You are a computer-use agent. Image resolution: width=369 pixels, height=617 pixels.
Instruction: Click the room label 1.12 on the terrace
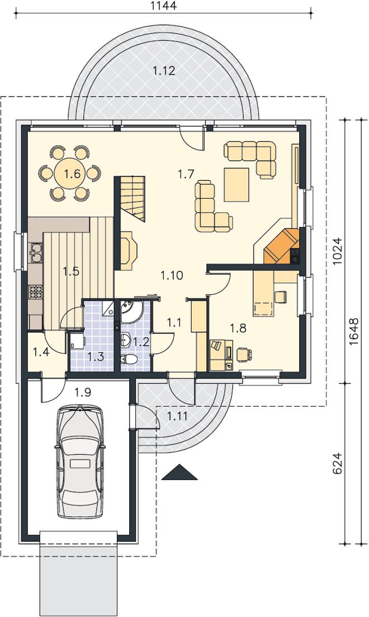pyautogui.click(x=164, y=71)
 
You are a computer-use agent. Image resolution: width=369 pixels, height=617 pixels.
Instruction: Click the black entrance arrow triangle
pyautogui.click(x=179, y=472)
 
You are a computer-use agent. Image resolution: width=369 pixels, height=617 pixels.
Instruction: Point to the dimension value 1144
pyautogui.click(x=163, y=6)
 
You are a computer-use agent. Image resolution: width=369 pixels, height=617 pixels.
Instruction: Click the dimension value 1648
pyautogui.click(x=355, y=331)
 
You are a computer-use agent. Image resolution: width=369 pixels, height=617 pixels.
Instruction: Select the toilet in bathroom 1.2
pyautogui.click(x=129, y=360)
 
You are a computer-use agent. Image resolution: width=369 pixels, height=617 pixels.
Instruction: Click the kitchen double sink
pyautogui.click(x=35, y=252)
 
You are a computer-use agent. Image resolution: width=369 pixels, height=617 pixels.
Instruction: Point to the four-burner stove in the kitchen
pyautogui.click(x=36, y=293)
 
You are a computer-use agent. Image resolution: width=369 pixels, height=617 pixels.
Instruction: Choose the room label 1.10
pyautogui.click(x=172, y=275)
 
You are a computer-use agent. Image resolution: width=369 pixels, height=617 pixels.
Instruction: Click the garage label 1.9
pyautogui.click(x=83, y=392)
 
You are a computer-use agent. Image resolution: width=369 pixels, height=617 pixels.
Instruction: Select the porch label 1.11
pyautogui.click(x=177, y=416)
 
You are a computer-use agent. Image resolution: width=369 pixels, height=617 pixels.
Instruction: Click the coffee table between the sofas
pyautogui.click(x=236, y=184)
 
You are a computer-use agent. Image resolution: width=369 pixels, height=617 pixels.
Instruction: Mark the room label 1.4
pyautogui.click(x=41, y=352)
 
